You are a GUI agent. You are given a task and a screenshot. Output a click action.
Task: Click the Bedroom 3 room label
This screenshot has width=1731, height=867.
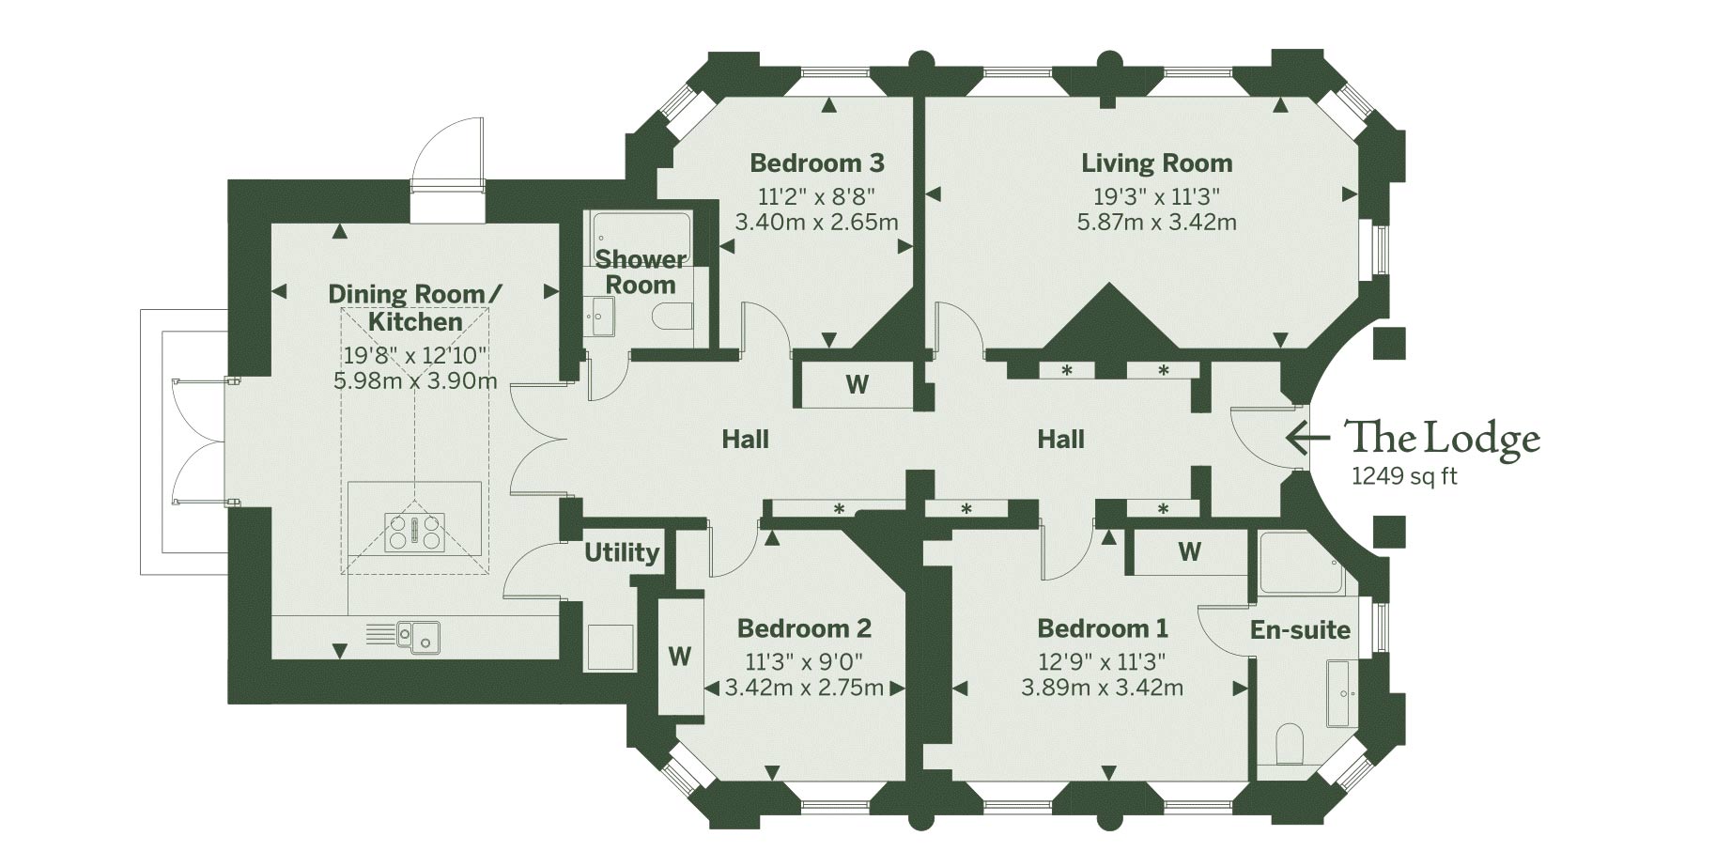click(816, 163)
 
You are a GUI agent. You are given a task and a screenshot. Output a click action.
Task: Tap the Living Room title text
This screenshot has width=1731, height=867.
click(1156, 163)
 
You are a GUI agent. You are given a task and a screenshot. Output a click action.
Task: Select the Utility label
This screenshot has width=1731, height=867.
click(622, 552)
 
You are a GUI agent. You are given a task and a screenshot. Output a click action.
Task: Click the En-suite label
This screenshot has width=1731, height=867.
click(1299, 629)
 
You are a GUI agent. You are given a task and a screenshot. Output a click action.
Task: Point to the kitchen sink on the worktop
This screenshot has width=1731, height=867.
click(419, 635)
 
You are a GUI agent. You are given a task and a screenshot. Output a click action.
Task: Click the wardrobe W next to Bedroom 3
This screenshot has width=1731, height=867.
click(857, 383)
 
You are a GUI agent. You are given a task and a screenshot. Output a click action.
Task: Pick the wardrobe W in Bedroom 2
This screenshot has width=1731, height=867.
click(680, 656)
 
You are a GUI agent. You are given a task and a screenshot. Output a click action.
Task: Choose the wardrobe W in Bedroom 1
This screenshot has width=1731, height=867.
click(1189, 551)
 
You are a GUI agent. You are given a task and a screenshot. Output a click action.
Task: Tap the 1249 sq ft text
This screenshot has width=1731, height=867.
click(1403, 476)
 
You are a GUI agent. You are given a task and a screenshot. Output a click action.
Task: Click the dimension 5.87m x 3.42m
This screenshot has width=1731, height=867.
click(1156, 223)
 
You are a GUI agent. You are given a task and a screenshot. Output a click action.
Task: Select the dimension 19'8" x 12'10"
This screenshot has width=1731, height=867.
click(415, 356)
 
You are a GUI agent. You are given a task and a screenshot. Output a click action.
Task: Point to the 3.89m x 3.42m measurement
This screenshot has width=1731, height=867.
click(1102, 688)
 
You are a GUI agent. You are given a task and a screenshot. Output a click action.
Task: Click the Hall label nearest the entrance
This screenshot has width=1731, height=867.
click(1060, 439)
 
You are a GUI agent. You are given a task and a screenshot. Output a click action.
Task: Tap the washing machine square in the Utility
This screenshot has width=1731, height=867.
click(610, 646)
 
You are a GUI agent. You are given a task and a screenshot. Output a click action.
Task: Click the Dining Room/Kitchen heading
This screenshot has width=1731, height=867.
click(415, 308)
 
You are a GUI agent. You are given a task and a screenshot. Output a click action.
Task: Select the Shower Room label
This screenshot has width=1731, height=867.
click(641, 271)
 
